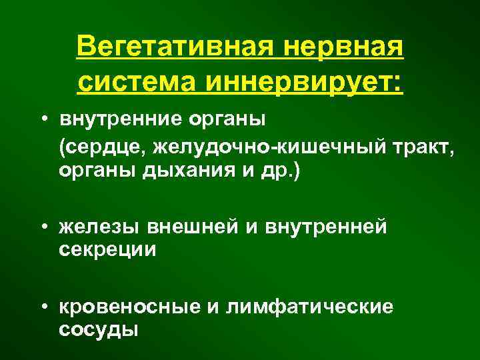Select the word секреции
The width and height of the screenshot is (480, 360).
tap(107, 250)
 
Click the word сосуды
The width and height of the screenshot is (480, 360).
tap(99, 330)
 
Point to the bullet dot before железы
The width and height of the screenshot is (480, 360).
tap(42, 227)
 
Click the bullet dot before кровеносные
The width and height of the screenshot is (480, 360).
tap(42, 307)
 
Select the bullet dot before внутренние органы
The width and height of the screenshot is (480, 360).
tap(42, 120)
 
